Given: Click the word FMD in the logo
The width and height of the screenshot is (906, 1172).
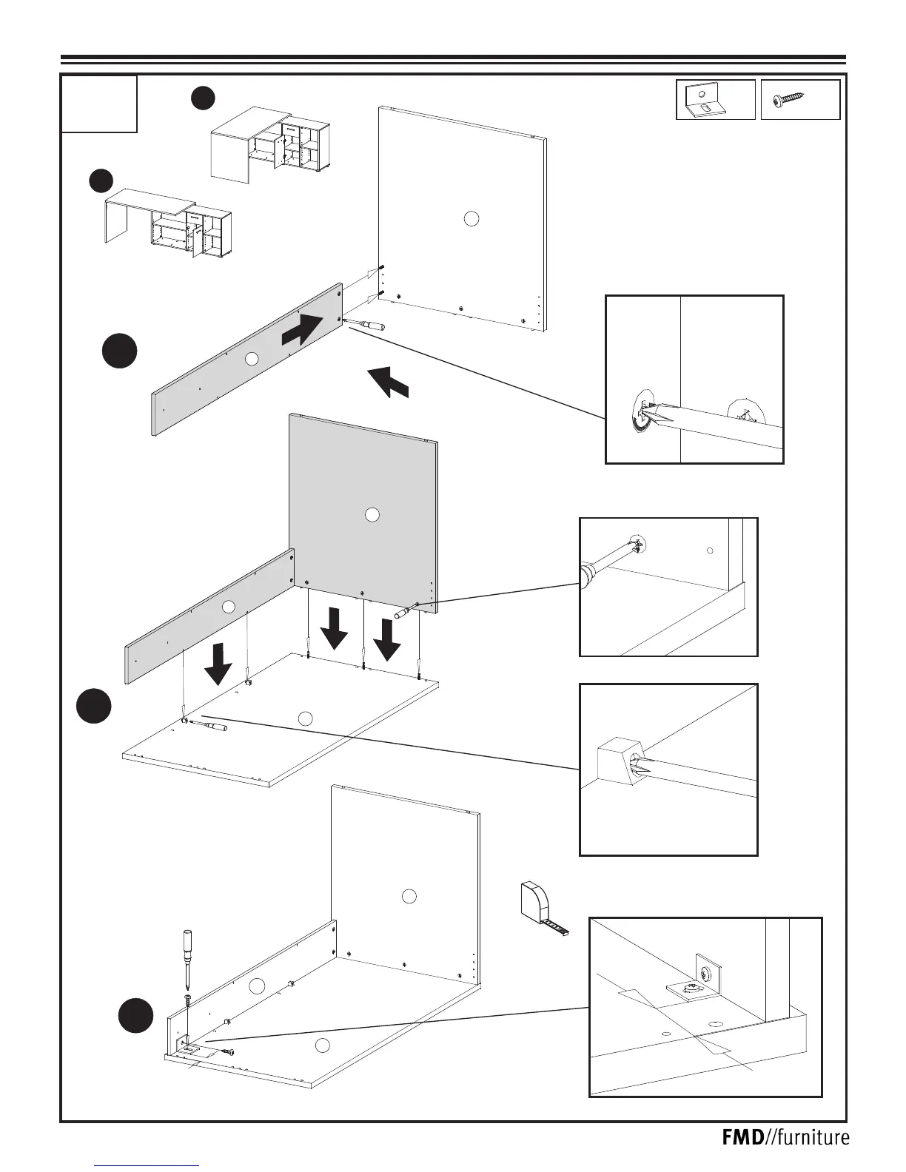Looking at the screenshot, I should coord(742,1137).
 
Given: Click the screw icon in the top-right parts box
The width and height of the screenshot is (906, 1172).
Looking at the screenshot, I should coord(788,100).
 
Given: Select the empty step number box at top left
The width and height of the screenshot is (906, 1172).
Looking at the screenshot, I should coord(99,104).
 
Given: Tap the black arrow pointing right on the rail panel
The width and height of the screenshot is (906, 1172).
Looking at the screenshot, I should coord(303,330).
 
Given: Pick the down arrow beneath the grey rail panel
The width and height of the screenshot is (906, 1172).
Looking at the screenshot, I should coord(218,663).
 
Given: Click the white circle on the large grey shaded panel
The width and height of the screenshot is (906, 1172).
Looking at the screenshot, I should coord(372,515).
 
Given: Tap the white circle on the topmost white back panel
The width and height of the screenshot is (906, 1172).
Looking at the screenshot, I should coord(471,218).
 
